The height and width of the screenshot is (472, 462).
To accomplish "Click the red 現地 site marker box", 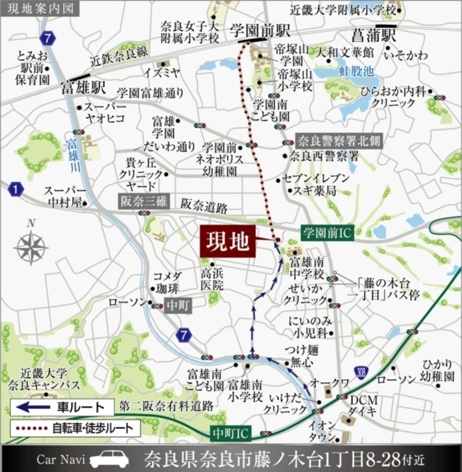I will pyautogui.click(x=227, y=242).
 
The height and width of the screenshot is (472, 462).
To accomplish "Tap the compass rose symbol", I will pyautogui.click(x=31, y=247).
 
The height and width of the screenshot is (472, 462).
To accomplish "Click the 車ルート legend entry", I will pyautogui.click(x=62, y=407).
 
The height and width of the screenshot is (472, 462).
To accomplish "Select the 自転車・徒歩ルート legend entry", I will pyautogui.click(x=75, y=427).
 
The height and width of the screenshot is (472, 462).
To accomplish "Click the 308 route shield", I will pyautogui.click(x=360, y=372).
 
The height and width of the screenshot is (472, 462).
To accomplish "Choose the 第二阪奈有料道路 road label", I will pyautogui.click(x=166, y=405).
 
